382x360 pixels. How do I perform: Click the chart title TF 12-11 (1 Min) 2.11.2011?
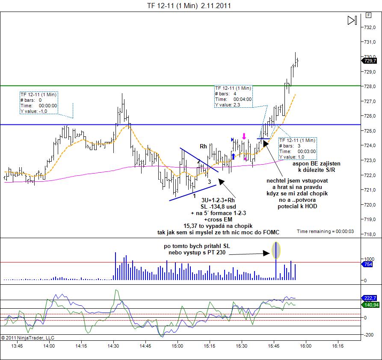[x=190, y=6]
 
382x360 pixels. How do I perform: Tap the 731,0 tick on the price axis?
[x=370, y=42]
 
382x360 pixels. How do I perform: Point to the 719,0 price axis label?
[x=370, y=219]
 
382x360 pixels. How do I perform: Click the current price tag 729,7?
[x=370, y=61]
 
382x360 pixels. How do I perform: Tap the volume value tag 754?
[x=368, y=265]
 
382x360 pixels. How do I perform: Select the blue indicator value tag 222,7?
[x=370, y=298]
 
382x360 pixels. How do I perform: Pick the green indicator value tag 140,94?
[x=370, y=305]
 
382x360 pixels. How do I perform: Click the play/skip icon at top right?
[x=352, y=21]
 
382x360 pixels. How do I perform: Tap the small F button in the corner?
[x=367, y=15]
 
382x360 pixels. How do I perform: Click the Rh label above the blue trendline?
[x=203, y=146]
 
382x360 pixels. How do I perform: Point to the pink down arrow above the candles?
[x=244, y=136]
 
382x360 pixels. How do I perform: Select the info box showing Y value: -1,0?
[x=38, y=103]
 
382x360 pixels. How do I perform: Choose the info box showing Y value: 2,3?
[x=233, y=96]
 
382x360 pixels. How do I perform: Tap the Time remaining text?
[x=326, y=231]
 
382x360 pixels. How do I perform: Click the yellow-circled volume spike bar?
[x=276, y=250]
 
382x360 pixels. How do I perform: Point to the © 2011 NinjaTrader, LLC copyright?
[x=27, y=337]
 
